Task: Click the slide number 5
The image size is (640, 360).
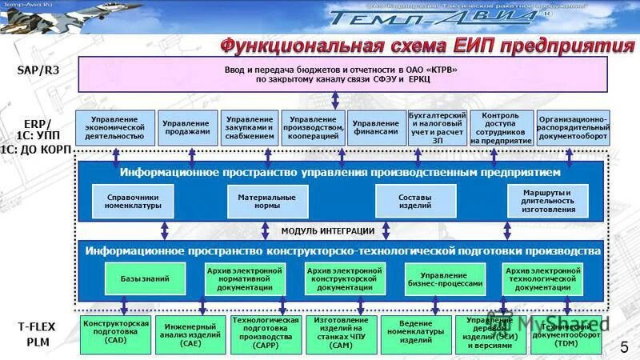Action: click(624, 346)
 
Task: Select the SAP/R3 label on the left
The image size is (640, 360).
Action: click(38, 70)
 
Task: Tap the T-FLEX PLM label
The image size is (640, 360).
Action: click(38, 334)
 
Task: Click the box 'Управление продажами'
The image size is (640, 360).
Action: click(186, 128)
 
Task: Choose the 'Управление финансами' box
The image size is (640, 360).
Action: click(375, 128)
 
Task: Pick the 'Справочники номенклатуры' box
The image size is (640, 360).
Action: click(133, 201)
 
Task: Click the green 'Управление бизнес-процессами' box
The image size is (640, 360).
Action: click(446, 278)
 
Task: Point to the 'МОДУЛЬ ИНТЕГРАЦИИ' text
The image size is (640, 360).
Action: click(328, 231)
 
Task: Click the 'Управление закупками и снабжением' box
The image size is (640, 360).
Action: click(249, 128)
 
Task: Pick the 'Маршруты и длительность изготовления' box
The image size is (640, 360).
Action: click(548, 201)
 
